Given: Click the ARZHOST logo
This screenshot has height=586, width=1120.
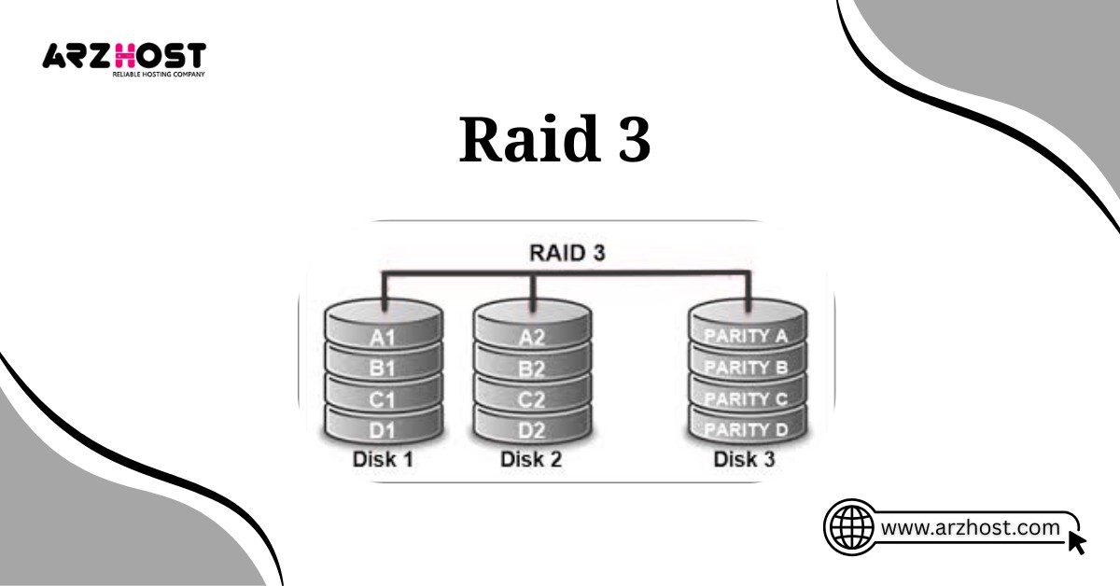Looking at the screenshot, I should [x=123, y=58].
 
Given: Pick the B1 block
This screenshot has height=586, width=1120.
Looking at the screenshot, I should [x=383, y=369].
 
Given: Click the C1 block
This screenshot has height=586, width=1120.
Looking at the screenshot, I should [x=383, y=399].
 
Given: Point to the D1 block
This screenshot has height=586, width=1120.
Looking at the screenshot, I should [x=383, y=430].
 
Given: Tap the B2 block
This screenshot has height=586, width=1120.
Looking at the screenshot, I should [x=532, y=369].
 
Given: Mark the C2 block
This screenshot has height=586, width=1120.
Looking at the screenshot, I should [x=532, y=399].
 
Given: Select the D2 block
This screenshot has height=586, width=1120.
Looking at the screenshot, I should [x=532, y=430].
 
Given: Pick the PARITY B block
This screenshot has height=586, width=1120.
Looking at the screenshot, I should [x=747, y=368].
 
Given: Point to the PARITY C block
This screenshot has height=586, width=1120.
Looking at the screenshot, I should [x=747, y=398].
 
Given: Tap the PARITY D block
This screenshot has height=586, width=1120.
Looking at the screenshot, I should [x=747, y=430].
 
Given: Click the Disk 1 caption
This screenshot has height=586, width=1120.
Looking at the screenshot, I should [x=383, y=460].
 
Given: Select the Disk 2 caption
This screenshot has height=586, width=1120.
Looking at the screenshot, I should [x=532, y=460].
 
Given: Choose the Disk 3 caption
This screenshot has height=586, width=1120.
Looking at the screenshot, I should [x=745, y=460].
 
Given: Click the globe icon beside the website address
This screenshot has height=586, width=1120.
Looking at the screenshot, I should [x=849, y=527].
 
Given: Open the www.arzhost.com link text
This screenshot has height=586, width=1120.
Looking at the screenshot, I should [x=971, y=528].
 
